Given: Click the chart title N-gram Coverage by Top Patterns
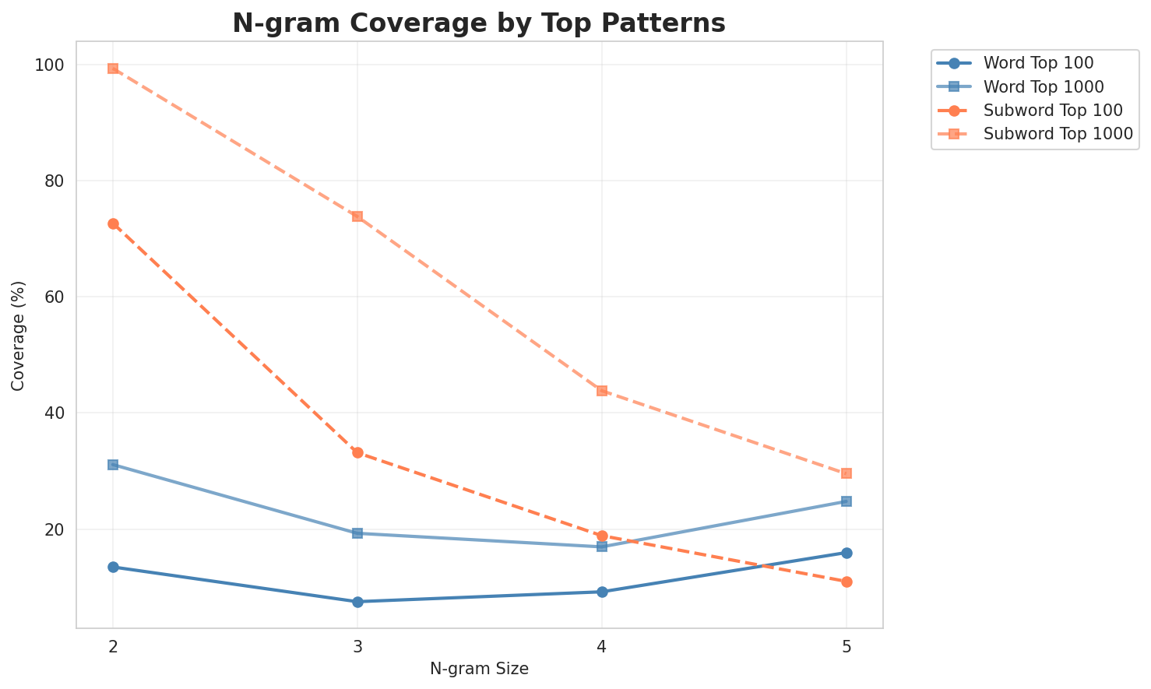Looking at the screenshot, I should click(x=479, y=23).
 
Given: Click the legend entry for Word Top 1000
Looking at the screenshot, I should click(x=1044, y=86).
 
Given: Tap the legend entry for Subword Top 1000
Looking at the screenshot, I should click(x=1058, y=133).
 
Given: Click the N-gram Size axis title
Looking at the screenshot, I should click(x=479, y=669).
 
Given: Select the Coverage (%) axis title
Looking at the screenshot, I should click(x=18, y=336).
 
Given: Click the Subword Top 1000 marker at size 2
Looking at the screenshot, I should click(x=113, y=69).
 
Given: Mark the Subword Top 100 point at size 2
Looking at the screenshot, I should click(x=113, y=224).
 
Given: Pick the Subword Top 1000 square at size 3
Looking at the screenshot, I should click(x=357, y=216).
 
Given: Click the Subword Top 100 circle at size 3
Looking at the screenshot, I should click(x=357, y=452).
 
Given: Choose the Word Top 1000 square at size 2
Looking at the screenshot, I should click(x=113, y=465).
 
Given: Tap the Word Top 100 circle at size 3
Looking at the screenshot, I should click(x=357, y=602).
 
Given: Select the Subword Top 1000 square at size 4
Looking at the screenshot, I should click(x=602, y=391).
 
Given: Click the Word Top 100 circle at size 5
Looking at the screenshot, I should click(x=847, y=553).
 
